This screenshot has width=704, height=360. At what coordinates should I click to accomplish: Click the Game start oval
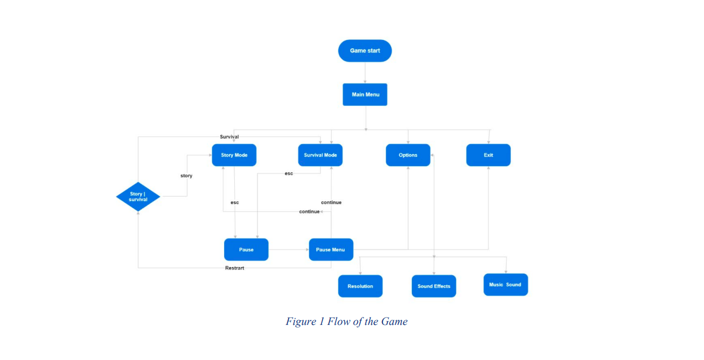pyautogui.click(x=365, y=50)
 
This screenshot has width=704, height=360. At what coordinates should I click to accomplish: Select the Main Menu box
pyautogui.click(x=365, y=95)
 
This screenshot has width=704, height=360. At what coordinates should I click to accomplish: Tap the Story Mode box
pyautogui.click(x=234, y=155)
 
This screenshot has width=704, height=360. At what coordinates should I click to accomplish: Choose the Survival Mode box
pyautogui.click(x=320, y=155)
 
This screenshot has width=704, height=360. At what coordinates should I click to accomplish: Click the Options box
pyautogui.click(x=408, y=155)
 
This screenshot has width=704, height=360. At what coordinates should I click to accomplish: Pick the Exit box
pyautogui.click(x=488, y=155)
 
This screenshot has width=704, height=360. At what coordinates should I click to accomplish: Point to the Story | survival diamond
pyautogui.click(x=138, y=196)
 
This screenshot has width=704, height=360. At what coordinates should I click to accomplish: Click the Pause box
pyautogui.click(x=246, y=250)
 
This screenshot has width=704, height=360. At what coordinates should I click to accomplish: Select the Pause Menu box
pyautogui.click(x=331, y=250)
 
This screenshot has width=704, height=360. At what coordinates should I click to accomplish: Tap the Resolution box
pyautogui.click(x=360, y=286)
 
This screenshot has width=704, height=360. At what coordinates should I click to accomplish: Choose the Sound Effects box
pyautogui.click(x=434, y=286)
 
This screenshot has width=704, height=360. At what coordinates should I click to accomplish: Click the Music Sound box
pyautogui.click(x=506, y=285)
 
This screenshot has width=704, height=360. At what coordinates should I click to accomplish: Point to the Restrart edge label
pyautogui.click(x=234, y=268)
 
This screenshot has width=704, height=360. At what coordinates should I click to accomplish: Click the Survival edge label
pyautogui.click(x=229, y=136)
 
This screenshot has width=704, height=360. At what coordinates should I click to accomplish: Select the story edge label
pyautogui.click(x=186, y=176)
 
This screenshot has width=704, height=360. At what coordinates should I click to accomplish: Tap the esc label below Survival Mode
pyautogui.click(x=289, y=174)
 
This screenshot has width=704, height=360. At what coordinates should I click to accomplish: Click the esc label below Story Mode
pyautogui.click(x=235, y=203)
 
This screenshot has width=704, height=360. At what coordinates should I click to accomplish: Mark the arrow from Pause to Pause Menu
pyautogui.click(x=289, y=250)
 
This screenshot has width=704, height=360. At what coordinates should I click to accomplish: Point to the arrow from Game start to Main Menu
pyautogui.click(x=365, y=73)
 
